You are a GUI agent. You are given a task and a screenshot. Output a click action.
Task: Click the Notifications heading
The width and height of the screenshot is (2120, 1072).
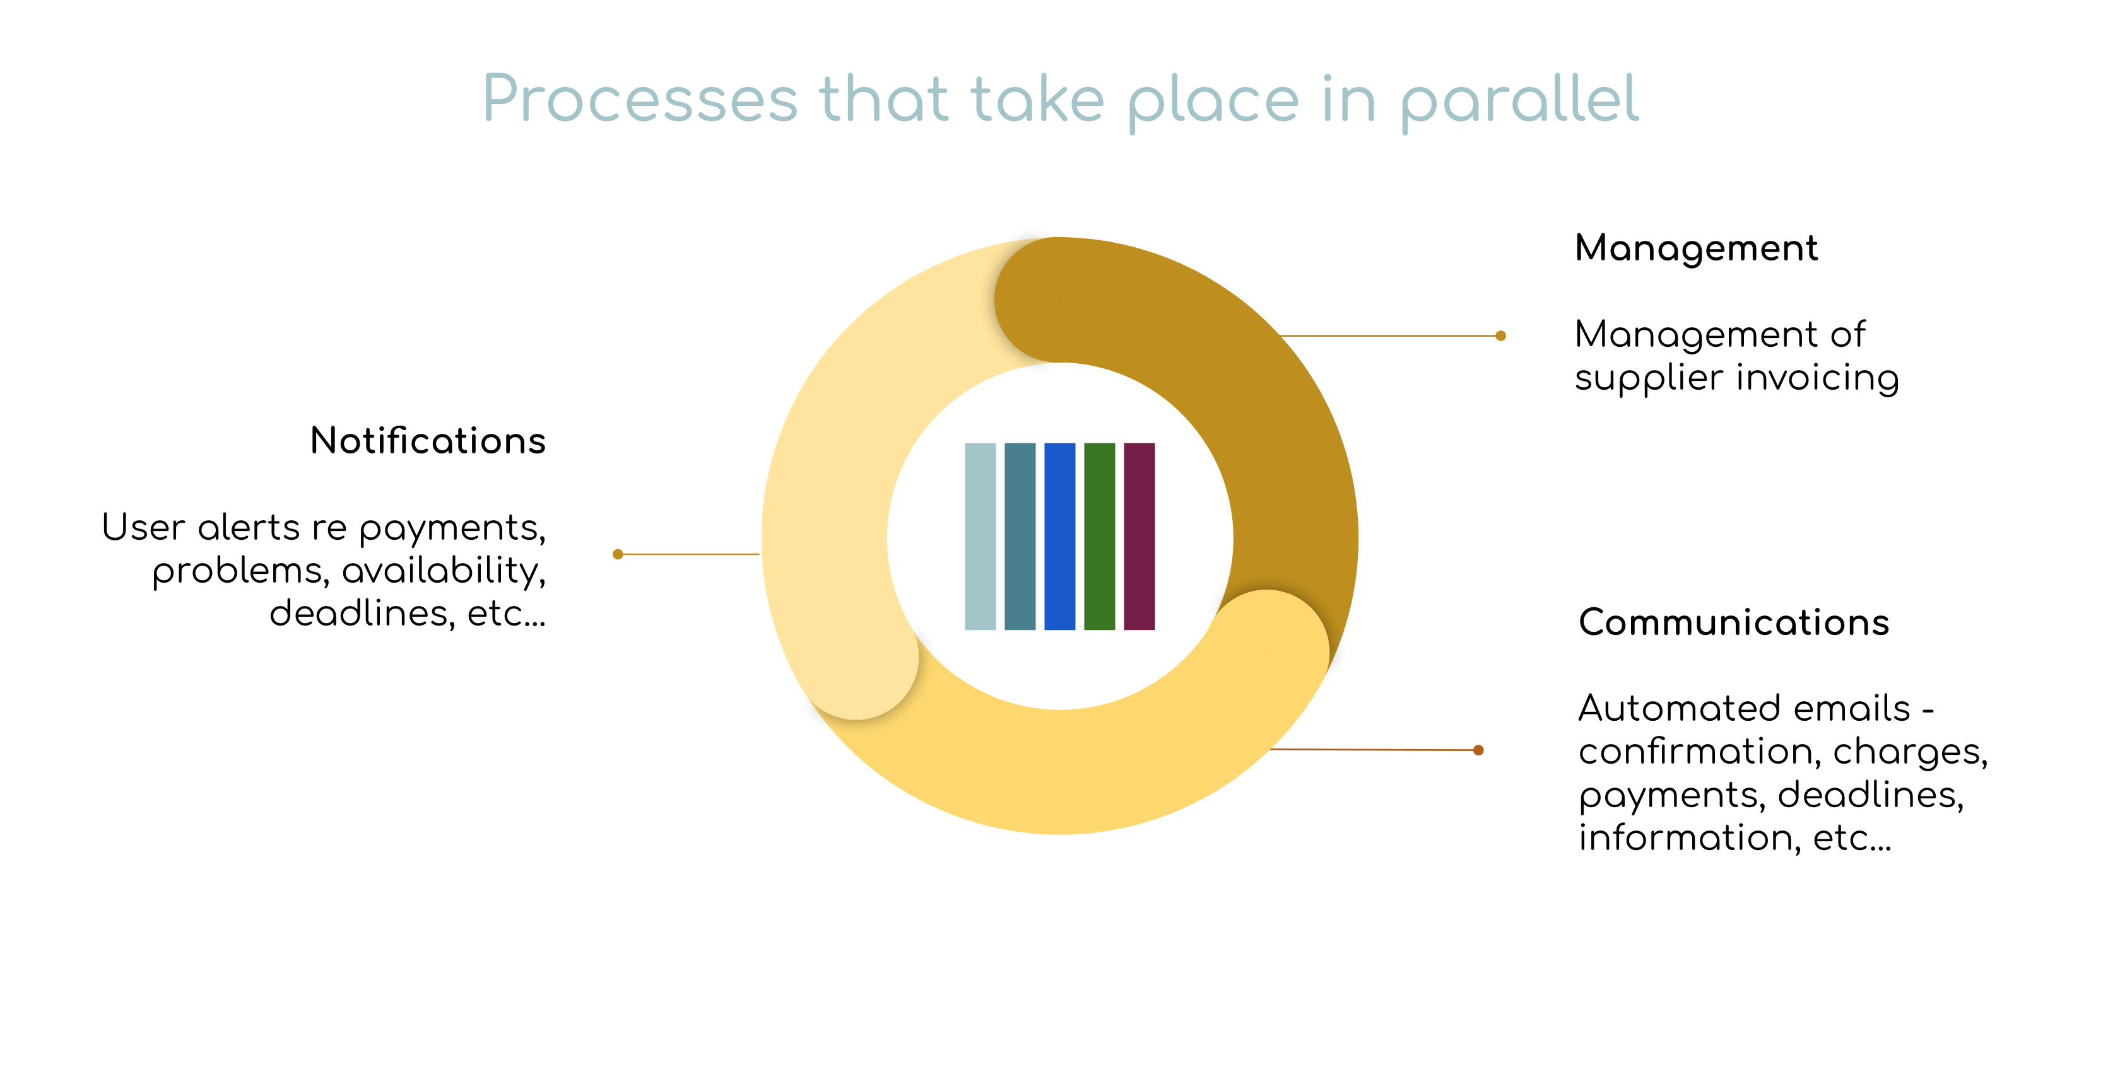point(428,441)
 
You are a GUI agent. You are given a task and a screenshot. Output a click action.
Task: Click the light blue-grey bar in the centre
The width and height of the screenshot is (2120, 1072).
point(979,537)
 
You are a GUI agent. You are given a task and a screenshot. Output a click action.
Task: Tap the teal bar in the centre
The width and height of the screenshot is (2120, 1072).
point(1020,537)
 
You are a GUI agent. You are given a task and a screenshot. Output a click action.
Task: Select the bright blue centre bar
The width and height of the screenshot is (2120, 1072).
point(1059,537)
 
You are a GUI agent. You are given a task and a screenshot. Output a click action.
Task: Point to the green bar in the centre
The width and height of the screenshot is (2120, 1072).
point(1100,537)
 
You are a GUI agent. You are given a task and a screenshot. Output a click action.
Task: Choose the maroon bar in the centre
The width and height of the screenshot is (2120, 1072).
point(1139,537)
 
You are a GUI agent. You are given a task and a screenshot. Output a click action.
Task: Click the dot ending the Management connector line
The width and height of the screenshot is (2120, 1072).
point(1500,335)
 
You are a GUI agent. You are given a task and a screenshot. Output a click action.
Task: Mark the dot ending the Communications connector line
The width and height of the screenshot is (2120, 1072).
point(1478,750)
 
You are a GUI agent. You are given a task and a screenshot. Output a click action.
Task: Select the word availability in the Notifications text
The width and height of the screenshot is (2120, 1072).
point(444,571)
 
